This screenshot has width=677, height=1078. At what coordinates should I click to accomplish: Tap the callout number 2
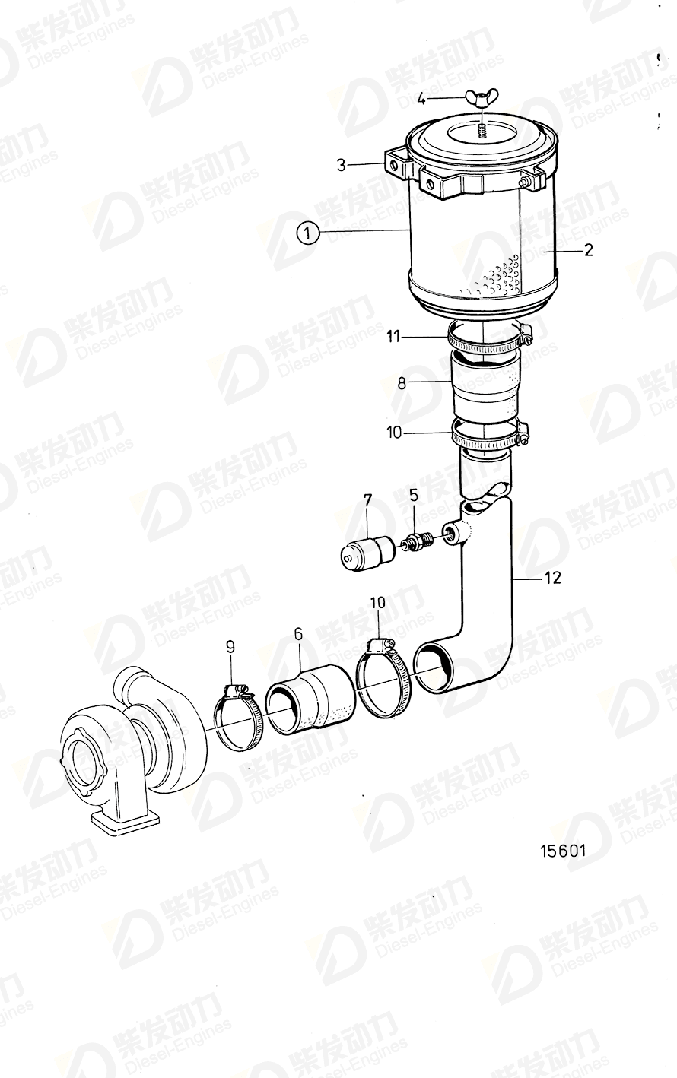coord(588,249)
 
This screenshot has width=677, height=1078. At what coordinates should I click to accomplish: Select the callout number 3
coord(342,164)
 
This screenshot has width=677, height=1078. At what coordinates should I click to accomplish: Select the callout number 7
coord(367,500)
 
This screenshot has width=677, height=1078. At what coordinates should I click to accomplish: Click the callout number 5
coord(414,496)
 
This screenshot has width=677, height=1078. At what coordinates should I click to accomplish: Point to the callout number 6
coord(298,633)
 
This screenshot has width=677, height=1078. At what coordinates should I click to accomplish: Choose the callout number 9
coord(230,646)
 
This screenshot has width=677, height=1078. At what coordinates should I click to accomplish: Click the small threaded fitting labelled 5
coord(418,543)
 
